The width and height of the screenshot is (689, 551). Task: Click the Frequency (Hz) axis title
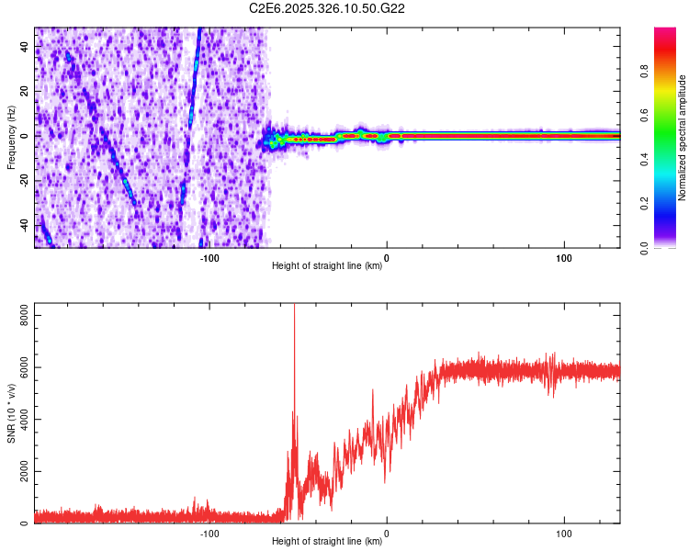click(x=11, y=138)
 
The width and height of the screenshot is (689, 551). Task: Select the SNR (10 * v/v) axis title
click(x=11, y=413)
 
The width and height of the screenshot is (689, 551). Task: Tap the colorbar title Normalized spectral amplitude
click(x=682, y=138)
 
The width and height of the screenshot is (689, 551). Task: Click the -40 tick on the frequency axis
click(x=23, y=224)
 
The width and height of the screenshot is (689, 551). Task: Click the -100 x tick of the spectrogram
click(x=209, y=257)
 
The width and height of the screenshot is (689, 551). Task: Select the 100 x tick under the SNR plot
click(x=564, y=533)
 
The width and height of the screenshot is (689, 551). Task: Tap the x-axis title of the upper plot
click(x=327, y=266)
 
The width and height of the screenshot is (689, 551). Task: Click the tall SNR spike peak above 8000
click(x=294, y=307)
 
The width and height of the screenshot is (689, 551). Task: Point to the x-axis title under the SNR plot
click(x=327, y=542)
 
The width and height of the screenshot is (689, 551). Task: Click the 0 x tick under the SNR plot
click(x=387, y=533)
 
